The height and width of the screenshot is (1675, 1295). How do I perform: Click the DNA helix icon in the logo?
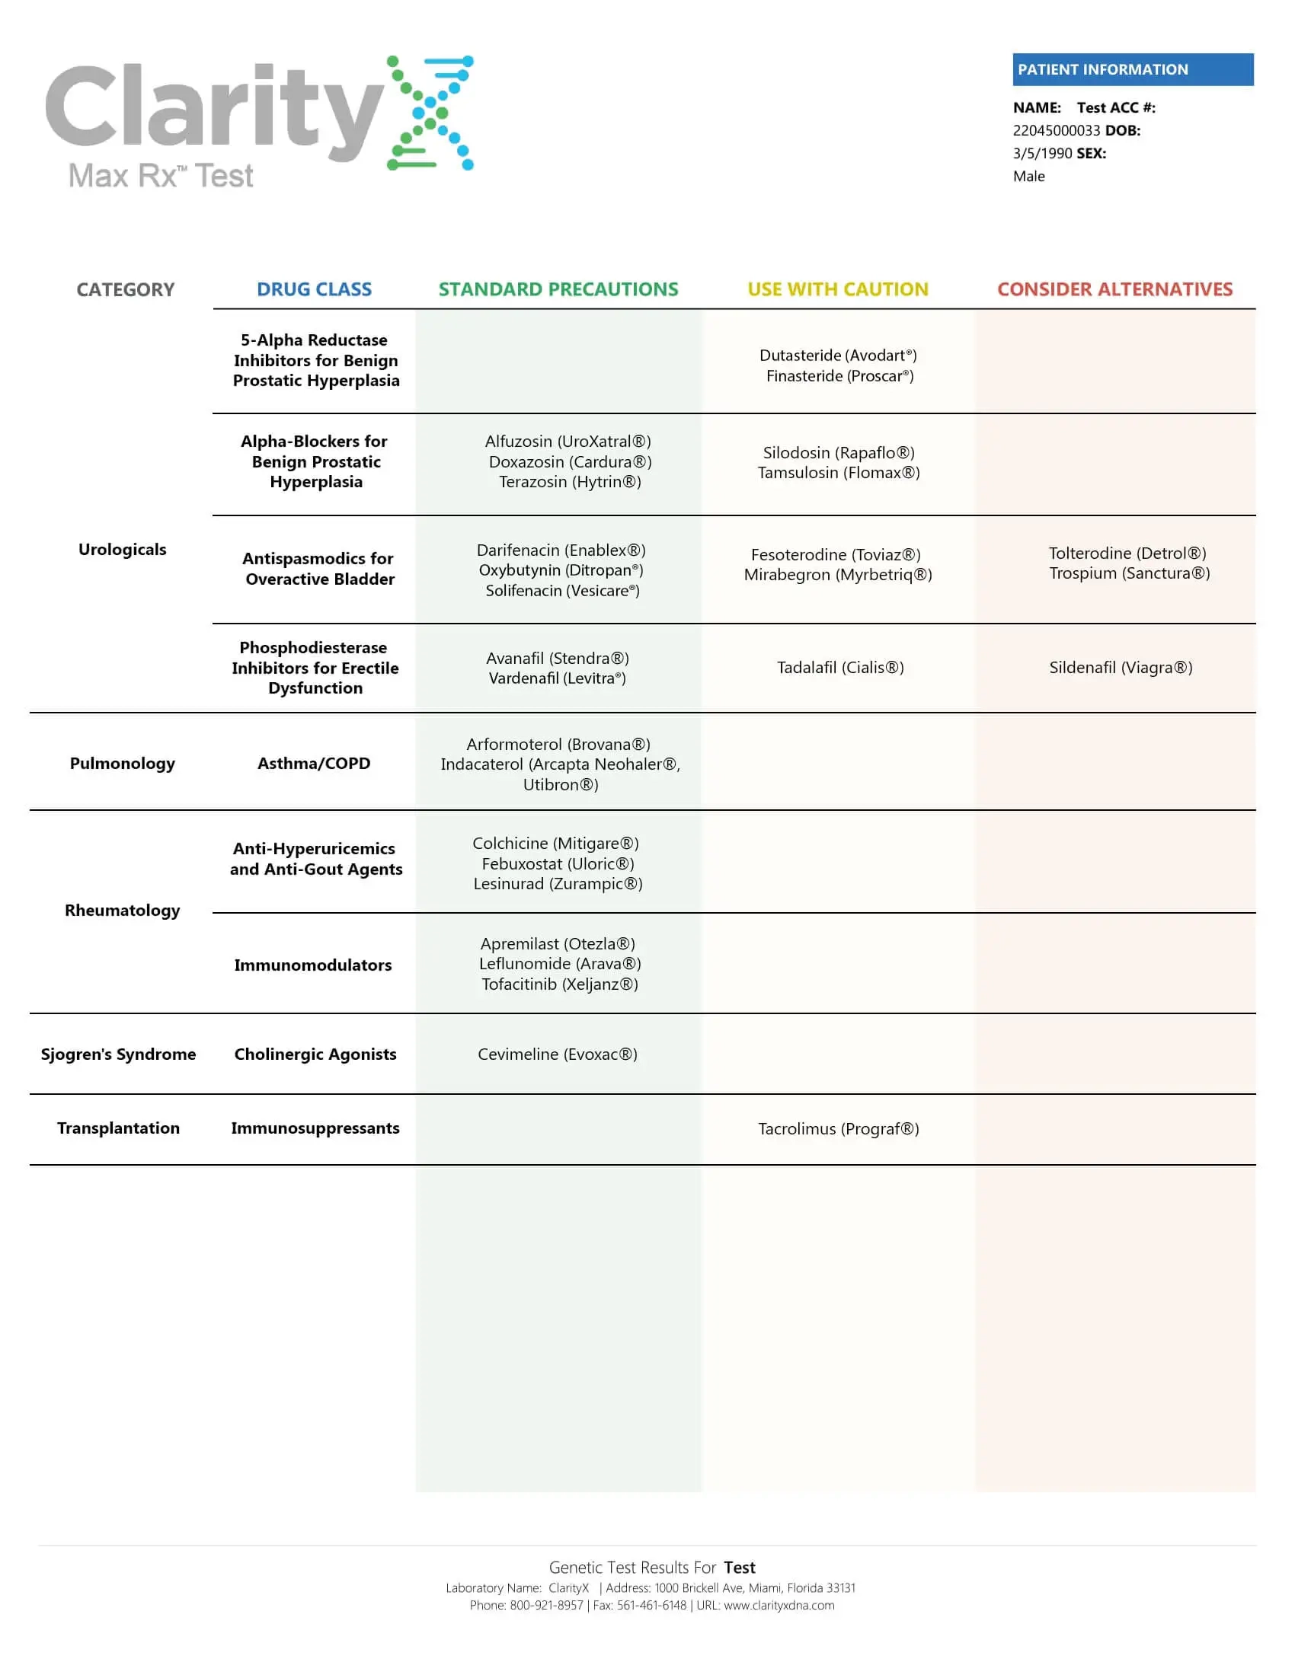(x=430, y=113)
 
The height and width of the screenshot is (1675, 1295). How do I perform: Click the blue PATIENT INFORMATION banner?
(x=1132, y=69)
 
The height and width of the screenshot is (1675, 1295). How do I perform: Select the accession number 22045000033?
(x=1056, y=130)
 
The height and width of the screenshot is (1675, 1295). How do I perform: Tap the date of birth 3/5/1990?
(x=1042, y=153)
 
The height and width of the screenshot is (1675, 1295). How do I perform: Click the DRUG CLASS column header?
(x=314, y=289)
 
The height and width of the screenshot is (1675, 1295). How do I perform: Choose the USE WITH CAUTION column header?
(x=838, y=289)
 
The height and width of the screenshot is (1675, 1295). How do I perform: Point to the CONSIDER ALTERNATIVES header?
(x=1114, y=289)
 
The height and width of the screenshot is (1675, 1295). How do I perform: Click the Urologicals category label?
(x=122, y=549)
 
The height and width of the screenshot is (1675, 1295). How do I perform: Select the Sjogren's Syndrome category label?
(x=118, y=1054)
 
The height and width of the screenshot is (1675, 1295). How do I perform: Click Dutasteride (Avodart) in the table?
(x=838, y=355)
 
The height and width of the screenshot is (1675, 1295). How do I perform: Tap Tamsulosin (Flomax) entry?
(x=839, y=473)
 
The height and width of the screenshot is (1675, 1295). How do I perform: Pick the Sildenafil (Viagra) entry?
(x=1120, y=667)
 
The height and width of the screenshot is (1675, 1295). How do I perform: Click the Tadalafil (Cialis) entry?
(x=840, y=667)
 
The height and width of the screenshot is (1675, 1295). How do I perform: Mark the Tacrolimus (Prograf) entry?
(x=839, y=1128)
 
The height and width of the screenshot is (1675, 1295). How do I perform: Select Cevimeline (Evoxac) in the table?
(x=558, y=1054)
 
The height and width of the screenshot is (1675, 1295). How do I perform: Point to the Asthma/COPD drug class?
(x=314, y=763)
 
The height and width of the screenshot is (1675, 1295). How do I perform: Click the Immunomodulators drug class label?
(x=313, y=965)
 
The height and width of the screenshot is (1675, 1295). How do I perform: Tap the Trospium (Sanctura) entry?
(x=1129, y=573)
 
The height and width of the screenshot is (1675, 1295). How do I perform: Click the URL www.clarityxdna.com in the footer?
(x=779, y=1605)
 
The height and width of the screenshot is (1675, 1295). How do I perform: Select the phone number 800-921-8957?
(x=546, y=1605)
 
